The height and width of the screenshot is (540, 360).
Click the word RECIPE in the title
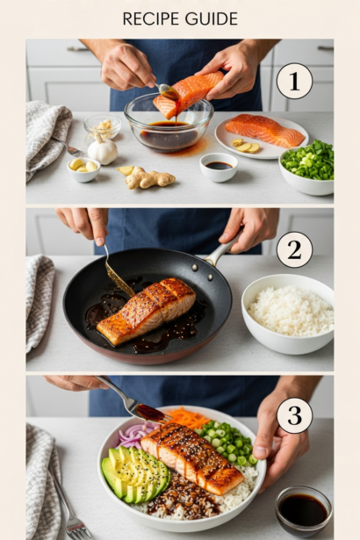click(x=152, y=19)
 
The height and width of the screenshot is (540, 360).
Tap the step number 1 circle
click(x=294, y=81)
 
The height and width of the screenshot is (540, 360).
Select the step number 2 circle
click(x=294, y=249)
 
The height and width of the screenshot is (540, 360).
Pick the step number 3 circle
click(x=294, y=415)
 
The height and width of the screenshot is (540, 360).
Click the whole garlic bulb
click(x=103, y=150)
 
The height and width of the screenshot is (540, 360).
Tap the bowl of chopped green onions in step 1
click(x=307, y=168)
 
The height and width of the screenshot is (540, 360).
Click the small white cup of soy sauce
click(x=219, y=167)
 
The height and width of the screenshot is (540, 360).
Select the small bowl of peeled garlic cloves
click(x=83, y=169)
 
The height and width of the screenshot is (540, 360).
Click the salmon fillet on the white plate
click(x=264, y=130)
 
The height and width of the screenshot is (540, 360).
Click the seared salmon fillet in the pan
click(x=147, y=311)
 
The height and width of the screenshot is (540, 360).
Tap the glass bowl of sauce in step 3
click(x=304, y=510)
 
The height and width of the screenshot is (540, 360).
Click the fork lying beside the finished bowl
click(x=68, y=503)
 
